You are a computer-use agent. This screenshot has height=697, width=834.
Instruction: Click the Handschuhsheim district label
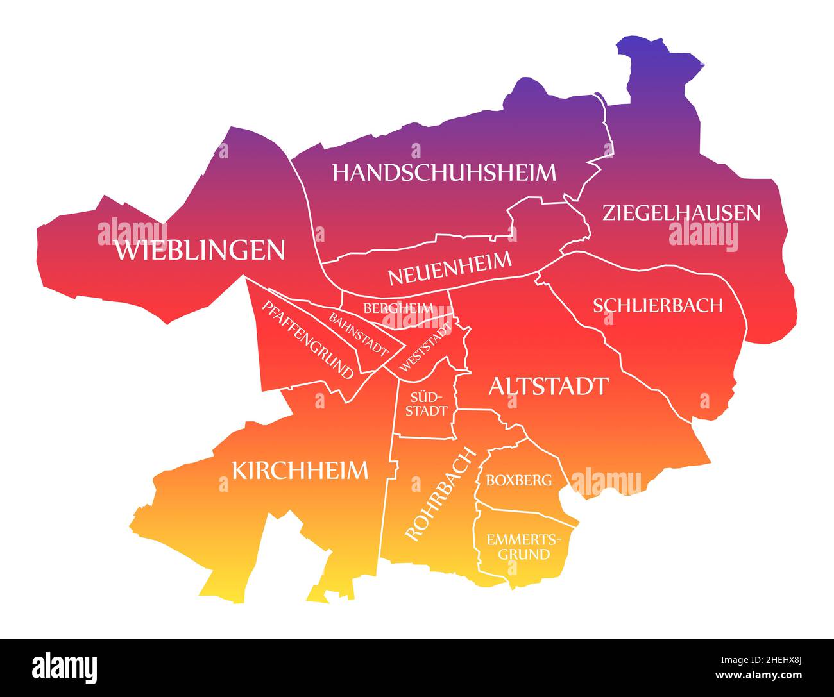click(444, 172)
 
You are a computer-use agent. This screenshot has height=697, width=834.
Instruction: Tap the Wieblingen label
click(200, 250)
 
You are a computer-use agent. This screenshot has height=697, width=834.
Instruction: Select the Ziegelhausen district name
click(681, 213)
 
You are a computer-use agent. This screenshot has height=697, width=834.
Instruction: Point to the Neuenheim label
click(450, 269)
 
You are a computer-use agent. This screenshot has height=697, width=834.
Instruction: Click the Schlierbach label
click(658, 305)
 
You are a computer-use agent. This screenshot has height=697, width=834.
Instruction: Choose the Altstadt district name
click(548, 387)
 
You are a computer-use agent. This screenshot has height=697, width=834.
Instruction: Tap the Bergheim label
click(398, 308)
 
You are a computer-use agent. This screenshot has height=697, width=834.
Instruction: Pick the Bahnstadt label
click(359, 334)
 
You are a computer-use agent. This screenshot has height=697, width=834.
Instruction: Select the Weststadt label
click(425, 346)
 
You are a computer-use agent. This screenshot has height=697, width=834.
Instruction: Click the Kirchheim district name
click(300, 471)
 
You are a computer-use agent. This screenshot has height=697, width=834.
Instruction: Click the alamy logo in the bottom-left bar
click(65, 668)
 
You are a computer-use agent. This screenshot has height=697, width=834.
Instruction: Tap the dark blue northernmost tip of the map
click(642, 51)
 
